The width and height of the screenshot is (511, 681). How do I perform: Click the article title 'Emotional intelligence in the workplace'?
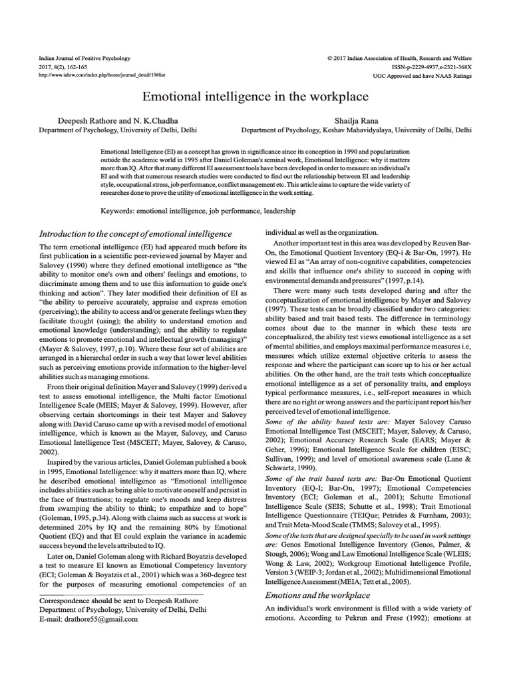click(255, 96)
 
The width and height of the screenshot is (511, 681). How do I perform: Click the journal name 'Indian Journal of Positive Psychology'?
click(85, 59)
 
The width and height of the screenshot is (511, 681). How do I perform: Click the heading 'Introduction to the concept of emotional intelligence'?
click(136, 234)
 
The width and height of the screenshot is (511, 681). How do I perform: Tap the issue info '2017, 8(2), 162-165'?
click(65, 67)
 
